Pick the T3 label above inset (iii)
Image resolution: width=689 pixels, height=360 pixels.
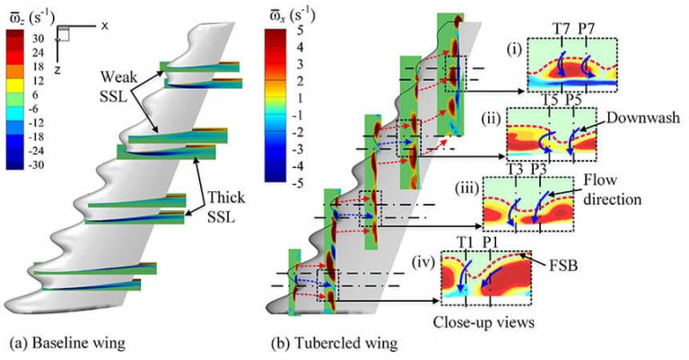coord(513,168)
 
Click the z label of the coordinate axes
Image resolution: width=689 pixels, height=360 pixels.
coord(58,66)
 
